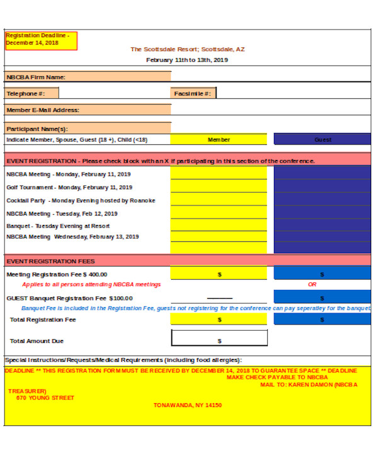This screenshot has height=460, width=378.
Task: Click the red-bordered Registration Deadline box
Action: click(41, 40)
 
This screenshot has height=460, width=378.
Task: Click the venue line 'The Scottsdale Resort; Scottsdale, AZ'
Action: click(187, 49)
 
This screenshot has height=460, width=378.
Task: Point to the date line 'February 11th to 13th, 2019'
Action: click(187, 60)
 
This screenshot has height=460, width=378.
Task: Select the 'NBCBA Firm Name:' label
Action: click(37, 78)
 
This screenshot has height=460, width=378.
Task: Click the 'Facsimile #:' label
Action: click(193, 93)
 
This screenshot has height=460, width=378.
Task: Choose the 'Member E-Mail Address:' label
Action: click(43, 110)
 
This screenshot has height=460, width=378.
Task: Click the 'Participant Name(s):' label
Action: click(37, 129)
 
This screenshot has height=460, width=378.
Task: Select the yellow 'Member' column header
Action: click(219, 140)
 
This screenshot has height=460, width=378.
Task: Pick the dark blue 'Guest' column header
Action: click(323, 140)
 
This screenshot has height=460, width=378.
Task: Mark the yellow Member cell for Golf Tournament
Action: click(219, 187)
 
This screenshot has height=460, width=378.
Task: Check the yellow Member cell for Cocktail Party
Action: click(219, 200)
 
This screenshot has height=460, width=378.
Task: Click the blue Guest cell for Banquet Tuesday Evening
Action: click(323, 226)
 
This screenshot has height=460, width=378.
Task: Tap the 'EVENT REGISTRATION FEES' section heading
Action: click(50, 261)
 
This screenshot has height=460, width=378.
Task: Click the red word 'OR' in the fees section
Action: click(312, 285)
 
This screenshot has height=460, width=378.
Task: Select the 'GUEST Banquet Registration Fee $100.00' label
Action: click(69, 298)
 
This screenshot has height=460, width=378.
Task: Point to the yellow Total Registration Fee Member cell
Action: click(219, 319)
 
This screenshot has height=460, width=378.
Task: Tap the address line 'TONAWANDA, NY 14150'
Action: click(188, 405)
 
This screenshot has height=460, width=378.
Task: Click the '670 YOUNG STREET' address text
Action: click(45, 398)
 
